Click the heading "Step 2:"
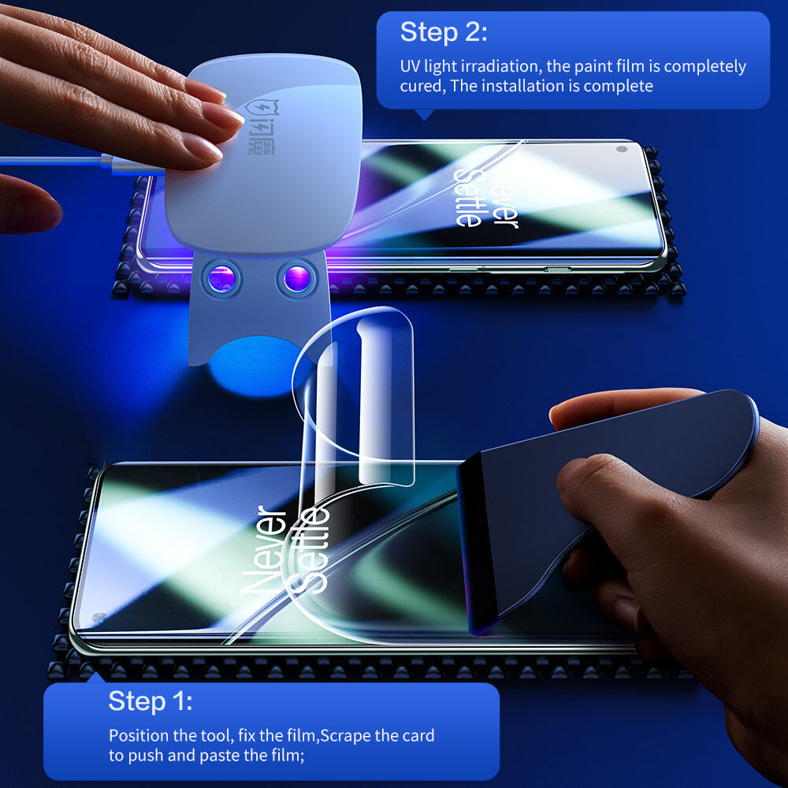(x=444, y=33)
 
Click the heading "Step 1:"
(x=150, y=701)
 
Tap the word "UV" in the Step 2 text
(x=411, y=66)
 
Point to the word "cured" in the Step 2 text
(x=421, y=86)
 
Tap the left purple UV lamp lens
(x=221, y=278)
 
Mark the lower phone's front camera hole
(x=98, y=617)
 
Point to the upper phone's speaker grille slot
(x=558, y=269)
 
